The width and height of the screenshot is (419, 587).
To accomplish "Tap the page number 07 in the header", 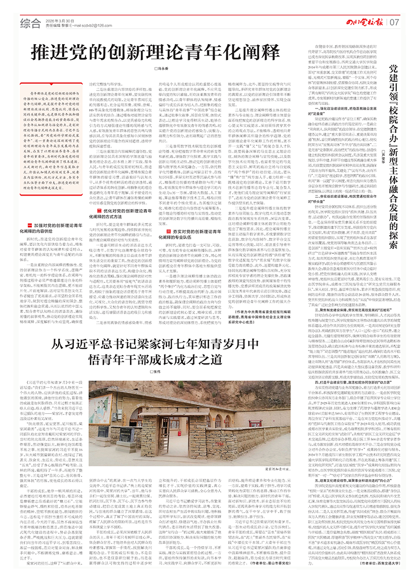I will click(x=394, y=22).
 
